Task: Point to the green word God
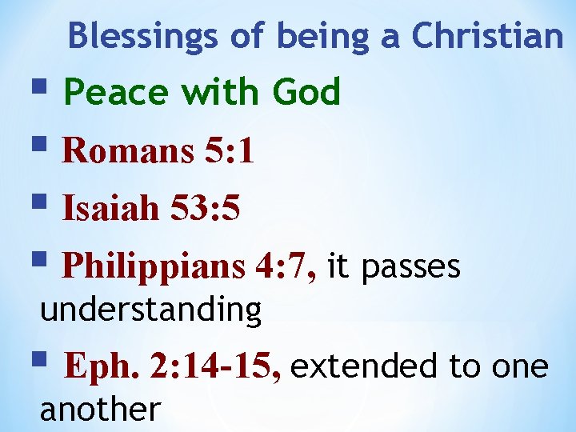pos(306,92)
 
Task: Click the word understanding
pos(151,309)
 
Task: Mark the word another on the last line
pos(100,409)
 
